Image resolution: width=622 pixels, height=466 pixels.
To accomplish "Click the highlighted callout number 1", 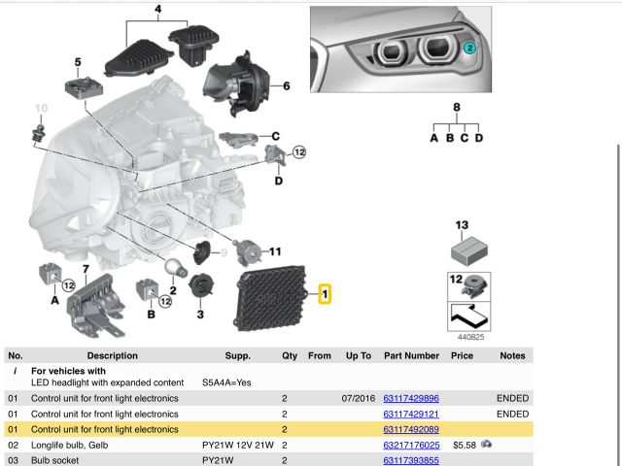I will [x=325, y=292].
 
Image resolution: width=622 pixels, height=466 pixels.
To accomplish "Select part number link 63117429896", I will [x=411, y=399].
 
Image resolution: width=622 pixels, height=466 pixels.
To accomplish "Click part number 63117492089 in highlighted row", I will [x=411, y=429].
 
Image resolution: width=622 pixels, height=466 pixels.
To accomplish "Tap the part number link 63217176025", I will [x=411, y=445].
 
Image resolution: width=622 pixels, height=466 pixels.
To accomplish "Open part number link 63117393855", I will [x=411, y=460].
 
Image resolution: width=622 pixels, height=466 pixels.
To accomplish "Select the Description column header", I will [x=112, y=356].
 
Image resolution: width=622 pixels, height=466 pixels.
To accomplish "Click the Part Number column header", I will [x=411, y=356].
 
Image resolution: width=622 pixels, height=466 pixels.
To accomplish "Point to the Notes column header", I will [x=512, y=356].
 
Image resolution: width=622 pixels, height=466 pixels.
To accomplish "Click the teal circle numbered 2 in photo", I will [x=469, y=47].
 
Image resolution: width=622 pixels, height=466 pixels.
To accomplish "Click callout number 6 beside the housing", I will [x=287, y=86].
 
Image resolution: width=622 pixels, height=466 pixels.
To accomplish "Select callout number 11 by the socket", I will [x=275, y=251].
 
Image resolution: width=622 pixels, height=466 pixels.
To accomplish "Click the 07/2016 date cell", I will [x=359, y=399].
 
